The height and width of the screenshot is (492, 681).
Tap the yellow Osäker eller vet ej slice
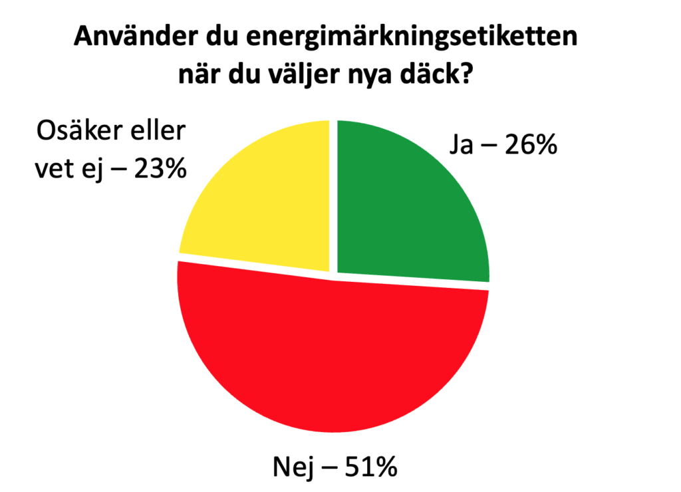pyautogui.click(x=266, y=199)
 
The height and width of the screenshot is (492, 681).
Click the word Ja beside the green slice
pyautogui.click(x=457, y=145)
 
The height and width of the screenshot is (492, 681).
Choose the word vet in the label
pyautogui.click(x=54, y=170)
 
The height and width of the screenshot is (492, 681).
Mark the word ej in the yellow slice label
pyautogui.click(x=92, y=172)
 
